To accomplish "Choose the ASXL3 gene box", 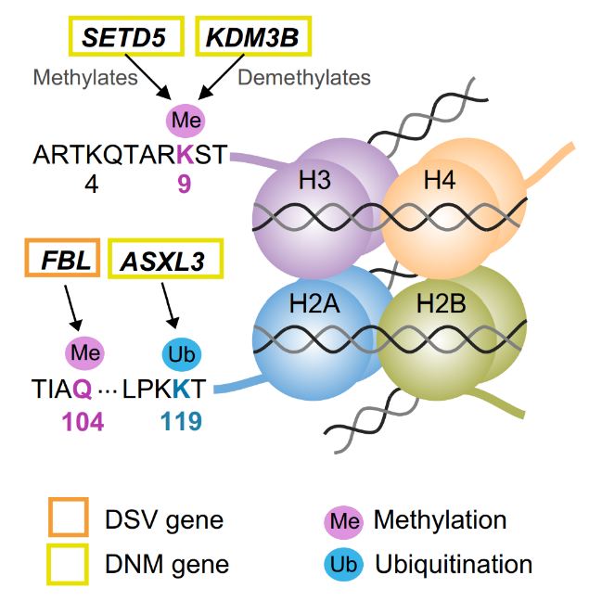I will (167, 261).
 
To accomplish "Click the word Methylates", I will (85, 78).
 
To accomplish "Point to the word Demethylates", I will (304, 78).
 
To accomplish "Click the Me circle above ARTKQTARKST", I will (186, 121).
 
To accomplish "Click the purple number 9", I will (185, 184).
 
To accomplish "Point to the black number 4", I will (91, 184).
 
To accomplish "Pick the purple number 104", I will (83, 422).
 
